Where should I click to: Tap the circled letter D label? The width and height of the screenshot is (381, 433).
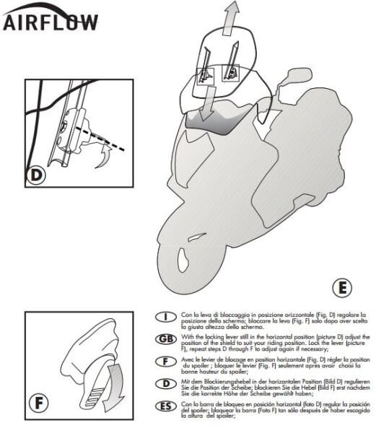(38, 175)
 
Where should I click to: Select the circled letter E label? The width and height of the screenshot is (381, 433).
(343, 288)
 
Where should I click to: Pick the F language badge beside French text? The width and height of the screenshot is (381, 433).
(167, 361)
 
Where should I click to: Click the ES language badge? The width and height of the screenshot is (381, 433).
(167, 407)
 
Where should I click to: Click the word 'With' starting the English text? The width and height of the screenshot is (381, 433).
(188, 336)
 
